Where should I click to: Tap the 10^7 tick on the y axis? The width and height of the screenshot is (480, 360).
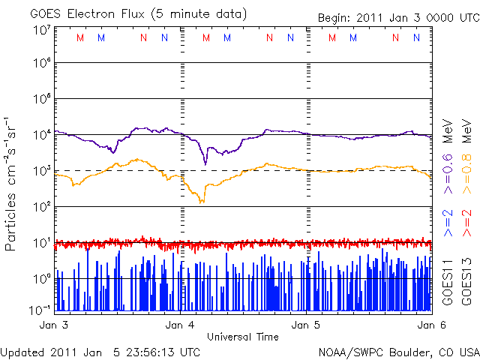pos(41,30)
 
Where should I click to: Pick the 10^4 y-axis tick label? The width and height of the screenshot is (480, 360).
pos(41,135)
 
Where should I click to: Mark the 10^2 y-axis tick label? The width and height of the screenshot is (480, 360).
pos(41,206)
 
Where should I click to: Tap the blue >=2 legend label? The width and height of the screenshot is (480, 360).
pos(448,224)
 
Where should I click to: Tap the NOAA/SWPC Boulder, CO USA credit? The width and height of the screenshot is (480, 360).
pos(397,352)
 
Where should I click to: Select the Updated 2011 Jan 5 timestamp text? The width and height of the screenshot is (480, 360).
pos(101,352)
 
